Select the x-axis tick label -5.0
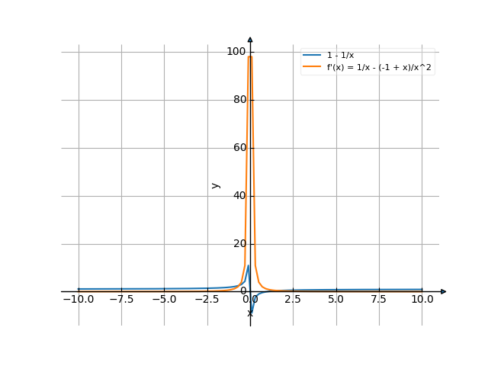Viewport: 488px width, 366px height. pos(164,300)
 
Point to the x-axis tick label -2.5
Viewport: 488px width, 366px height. pos(207,300)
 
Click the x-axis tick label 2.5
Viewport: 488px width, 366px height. pos(293,300)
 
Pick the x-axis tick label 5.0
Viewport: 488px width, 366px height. pos(336,300)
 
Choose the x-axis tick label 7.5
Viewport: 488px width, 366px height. pos(379,300)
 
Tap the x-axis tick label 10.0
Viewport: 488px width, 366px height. pos(422,300)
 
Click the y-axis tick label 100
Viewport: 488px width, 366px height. pos(236,51)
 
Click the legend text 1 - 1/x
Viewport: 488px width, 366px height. pos(340,56)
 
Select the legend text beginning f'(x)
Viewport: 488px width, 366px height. pos(374,67)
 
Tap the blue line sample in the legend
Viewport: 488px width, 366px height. pos(312,56)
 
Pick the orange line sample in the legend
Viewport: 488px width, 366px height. pos(312,67)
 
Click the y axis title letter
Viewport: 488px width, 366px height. pos(216,185)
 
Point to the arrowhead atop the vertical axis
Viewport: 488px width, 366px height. pos(250,38)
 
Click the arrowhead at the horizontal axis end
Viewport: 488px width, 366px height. pos(444,291)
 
